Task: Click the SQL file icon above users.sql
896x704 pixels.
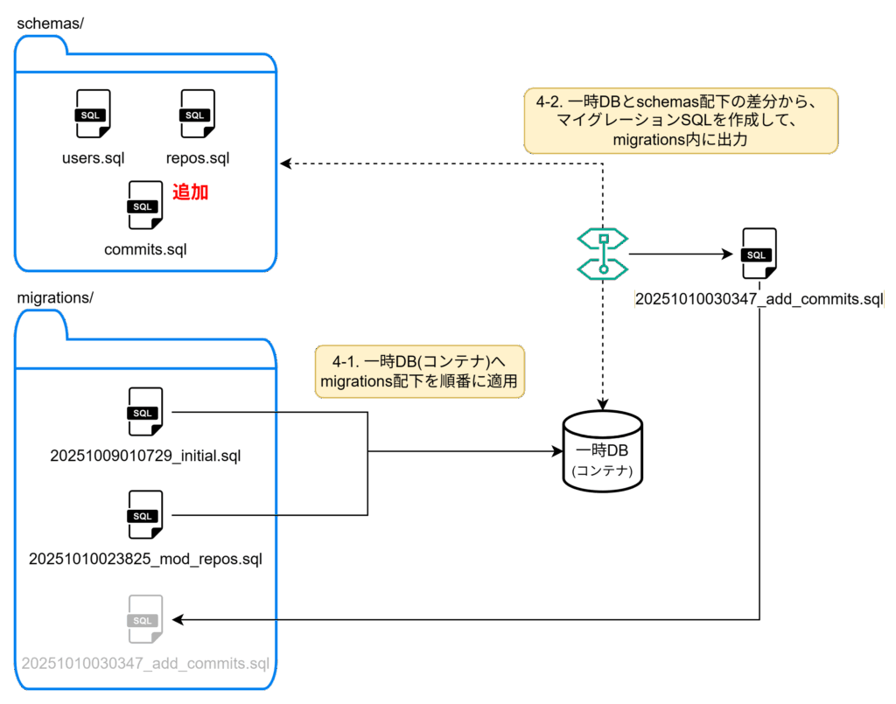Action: pos(93,114)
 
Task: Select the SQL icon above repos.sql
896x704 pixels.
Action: pos(197,114)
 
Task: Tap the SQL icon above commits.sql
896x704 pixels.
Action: pos(144,206)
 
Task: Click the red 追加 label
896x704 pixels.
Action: pos(190,192)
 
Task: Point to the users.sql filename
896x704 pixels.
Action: pos(93,158)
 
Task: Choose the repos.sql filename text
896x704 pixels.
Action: pos(197,158)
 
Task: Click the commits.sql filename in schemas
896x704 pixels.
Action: pos(145,249)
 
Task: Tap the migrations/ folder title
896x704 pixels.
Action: pos(55,297)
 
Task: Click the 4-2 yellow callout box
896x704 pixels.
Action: pos(681,120)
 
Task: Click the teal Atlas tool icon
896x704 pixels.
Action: pos(603,253)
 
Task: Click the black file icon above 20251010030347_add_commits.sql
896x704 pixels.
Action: pos(758,254)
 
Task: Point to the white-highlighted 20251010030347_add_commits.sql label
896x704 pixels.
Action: pos(759,300)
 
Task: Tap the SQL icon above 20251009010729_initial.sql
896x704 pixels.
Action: pos(144,412)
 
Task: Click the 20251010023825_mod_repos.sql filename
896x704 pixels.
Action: pos(145,558)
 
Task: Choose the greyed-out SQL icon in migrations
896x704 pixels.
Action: pos(144,619)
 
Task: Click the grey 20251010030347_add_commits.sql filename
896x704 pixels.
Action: pos(145,663)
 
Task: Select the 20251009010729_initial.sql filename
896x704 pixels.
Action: pos(145,456)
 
